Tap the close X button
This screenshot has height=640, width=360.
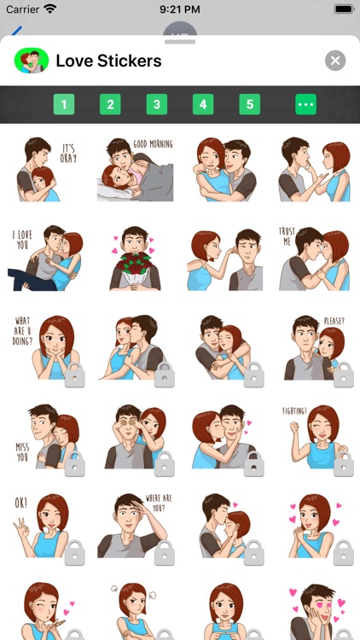point(335,61)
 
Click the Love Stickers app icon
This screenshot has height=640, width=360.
point(32,61)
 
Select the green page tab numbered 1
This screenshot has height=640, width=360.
point(64,105)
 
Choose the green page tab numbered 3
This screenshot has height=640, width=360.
point(156,105)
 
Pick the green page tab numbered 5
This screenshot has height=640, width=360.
point(249,105)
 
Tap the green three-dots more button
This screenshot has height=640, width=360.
point(305,105)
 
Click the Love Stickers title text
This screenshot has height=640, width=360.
point(108,61)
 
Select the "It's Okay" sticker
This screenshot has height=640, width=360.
point(47,169)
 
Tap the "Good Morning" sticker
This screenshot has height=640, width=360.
point(135,169)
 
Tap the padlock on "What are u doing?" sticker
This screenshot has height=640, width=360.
point(75,374)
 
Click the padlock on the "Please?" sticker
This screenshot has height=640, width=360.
point(343,374)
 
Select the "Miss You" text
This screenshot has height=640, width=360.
point(21,451)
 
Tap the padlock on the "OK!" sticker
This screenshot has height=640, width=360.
point(75,552)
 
